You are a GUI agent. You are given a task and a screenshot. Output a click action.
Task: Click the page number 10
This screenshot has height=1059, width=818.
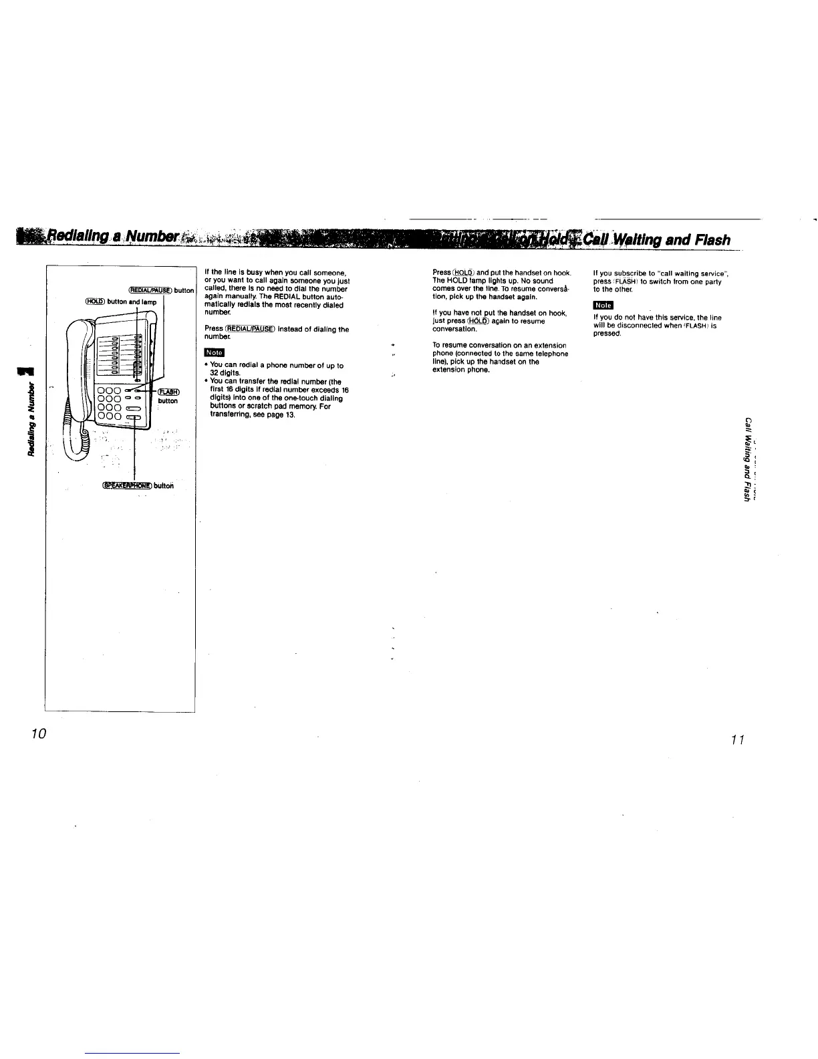37,733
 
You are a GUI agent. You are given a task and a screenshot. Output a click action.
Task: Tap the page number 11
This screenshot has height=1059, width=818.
738,739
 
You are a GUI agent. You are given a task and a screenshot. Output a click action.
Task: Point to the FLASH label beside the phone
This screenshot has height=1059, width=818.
167,392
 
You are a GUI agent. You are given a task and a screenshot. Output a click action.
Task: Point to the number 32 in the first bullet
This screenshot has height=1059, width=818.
216,374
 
